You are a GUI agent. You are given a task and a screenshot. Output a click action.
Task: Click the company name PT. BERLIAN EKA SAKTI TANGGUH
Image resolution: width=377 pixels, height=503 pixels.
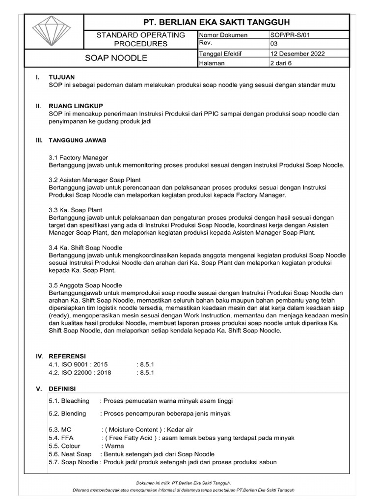click(216, 22)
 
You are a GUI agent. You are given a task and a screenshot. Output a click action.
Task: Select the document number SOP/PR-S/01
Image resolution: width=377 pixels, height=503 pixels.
click(290, 35)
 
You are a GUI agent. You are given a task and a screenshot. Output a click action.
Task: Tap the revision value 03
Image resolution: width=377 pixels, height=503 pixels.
click(274, 44)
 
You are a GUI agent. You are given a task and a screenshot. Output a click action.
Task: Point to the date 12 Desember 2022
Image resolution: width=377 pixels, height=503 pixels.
click(297, 54)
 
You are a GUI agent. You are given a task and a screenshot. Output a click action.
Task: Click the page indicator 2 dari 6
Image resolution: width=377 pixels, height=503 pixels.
click(280, 63)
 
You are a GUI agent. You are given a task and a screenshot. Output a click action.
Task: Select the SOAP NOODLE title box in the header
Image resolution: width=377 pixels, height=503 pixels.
click(116, 58)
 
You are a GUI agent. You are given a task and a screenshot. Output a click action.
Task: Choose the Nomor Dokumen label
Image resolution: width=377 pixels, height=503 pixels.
click(223, 35)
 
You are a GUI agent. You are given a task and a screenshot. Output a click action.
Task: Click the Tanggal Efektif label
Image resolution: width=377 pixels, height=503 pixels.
click(221, 54)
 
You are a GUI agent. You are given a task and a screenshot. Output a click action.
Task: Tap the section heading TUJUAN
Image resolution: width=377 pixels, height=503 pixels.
click(61, 77)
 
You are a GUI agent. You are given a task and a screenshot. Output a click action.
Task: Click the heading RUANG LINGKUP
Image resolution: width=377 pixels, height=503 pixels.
click(76, 106)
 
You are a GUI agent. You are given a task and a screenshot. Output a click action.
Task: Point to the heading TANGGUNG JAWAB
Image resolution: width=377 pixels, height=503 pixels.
click(78, 140)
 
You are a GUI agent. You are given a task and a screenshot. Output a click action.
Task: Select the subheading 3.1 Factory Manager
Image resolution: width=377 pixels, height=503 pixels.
click(78, 157)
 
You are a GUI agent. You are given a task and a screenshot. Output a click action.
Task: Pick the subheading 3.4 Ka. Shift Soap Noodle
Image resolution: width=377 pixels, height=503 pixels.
click(85, 248)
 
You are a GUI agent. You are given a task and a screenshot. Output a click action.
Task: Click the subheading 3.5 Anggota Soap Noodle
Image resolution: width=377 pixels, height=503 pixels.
click(85, 285)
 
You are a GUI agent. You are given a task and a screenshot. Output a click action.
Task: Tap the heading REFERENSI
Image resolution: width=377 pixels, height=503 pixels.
click(67, 356)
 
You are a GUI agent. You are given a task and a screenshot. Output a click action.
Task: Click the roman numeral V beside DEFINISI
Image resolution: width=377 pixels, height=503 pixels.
click(38, 389)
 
